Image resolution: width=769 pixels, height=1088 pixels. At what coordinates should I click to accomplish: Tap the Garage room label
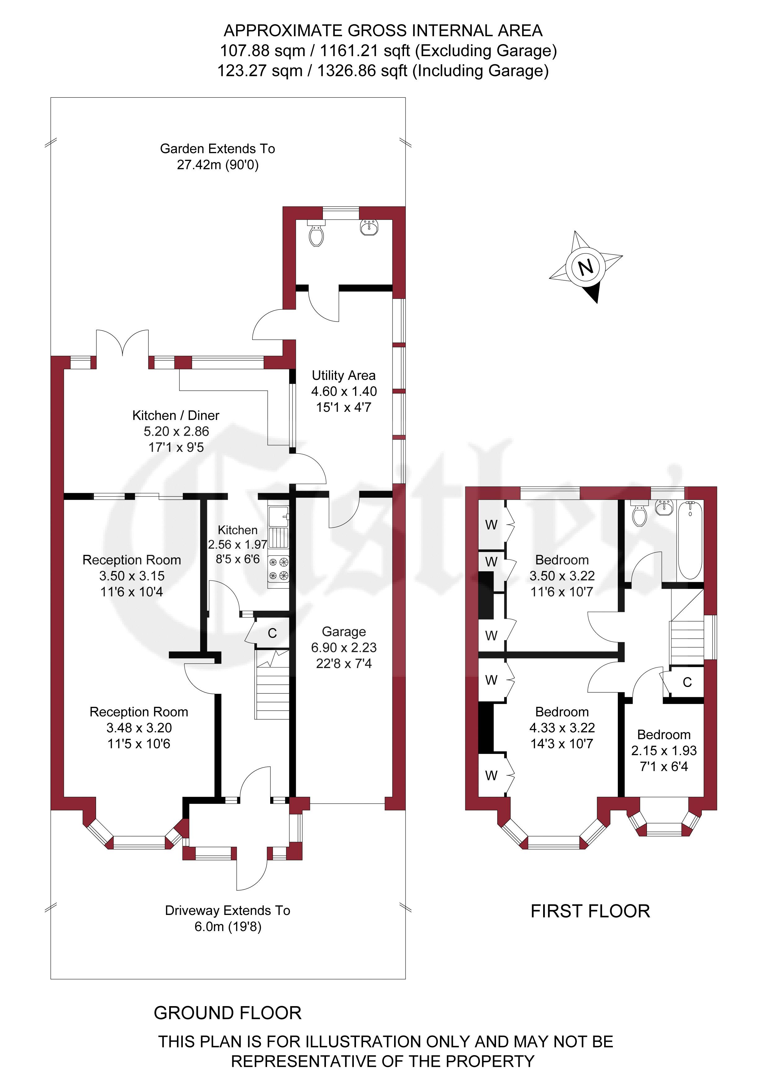344,632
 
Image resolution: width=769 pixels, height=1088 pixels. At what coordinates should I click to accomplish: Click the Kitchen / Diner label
176,416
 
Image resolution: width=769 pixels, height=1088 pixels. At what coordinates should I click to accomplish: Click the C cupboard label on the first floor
688,682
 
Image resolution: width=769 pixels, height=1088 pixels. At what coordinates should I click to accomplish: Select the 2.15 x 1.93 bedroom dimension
664,751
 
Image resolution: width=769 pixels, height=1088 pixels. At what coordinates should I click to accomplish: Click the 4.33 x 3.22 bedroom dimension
562,728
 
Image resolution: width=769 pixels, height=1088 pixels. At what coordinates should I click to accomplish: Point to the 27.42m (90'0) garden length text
218,165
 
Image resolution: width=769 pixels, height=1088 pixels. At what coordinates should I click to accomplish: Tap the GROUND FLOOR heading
228,1013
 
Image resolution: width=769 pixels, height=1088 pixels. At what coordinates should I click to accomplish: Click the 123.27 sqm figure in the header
260,71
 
